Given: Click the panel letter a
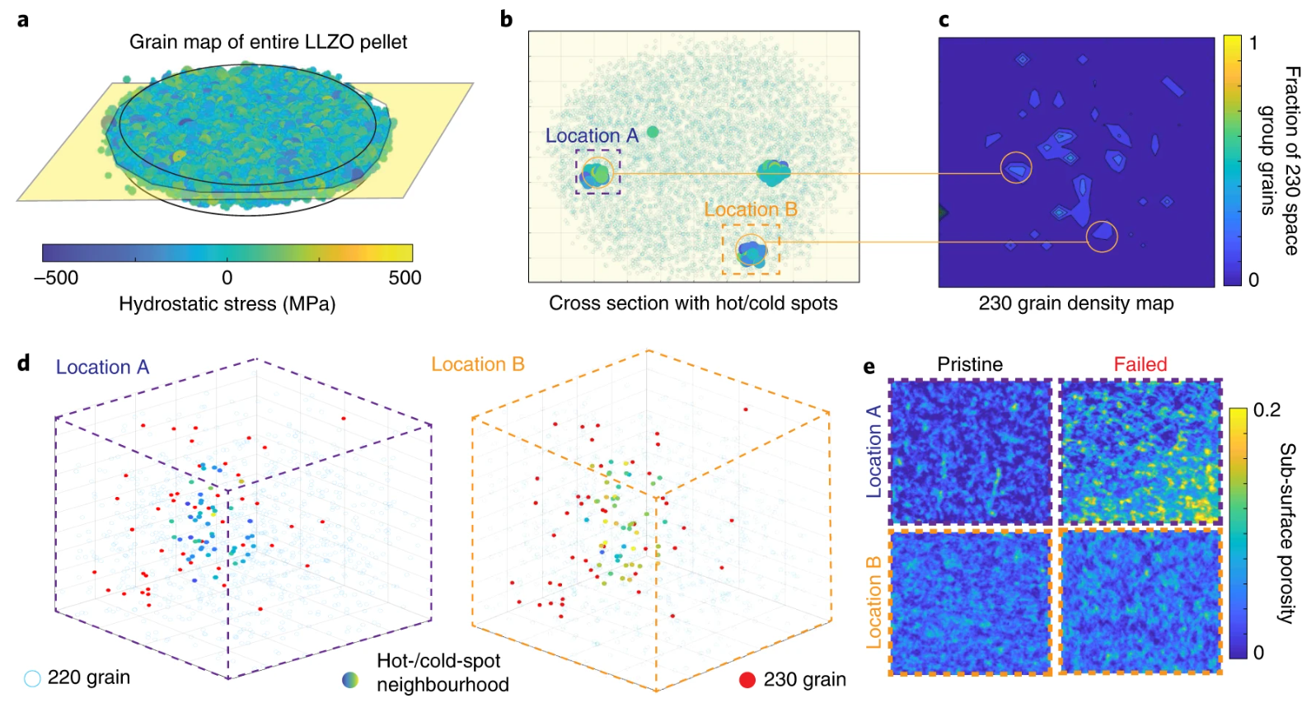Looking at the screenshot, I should point(23,19).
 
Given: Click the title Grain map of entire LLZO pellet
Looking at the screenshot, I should point(268,42).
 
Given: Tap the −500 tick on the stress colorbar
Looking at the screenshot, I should point(56,278).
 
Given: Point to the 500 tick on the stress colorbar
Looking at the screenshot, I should point(405,278).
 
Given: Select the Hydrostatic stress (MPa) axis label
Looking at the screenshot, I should point(227,304).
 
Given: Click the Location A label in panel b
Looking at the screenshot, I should point(592,136).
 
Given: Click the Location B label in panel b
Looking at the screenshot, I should point(750,210).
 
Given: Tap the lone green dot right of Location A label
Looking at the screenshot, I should point(653,132).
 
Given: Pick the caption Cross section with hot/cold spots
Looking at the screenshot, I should point(693,303).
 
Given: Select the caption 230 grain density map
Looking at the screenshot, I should point(1075,303).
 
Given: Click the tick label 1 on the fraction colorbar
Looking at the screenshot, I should point(1253,44).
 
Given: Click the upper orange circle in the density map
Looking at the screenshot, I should point(1016,168).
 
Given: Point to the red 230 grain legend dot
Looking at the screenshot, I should point(747,680).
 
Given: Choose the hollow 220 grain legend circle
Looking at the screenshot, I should point(32,678).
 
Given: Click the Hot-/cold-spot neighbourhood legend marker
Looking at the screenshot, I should point(350,680).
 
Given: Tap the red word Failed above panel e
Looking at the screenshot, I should point(1140,364).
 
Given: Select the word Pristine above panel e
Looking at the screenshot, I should point(970,364).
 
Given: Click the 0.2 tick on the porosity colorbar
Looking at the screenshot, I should point(1267,410).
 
